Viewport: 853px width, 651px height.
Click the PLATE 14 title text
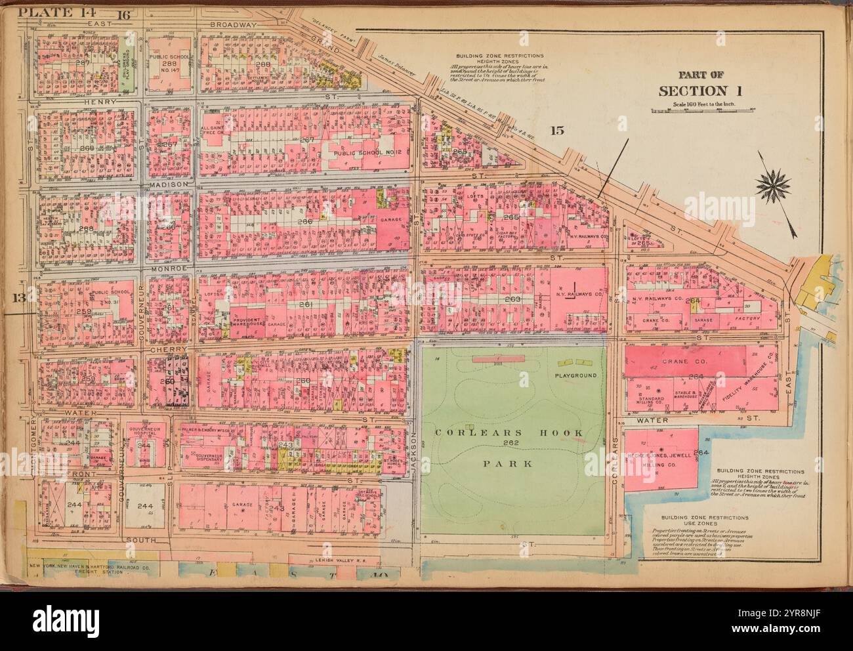[x=39, y=12]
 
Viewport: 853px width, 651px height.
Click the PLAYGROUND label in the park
[x=575, y=375]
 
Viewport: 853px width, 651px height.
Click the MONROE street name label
[x=170, y=268]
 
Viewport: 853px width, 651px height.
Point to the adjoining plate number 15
[x=556, y=129]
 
